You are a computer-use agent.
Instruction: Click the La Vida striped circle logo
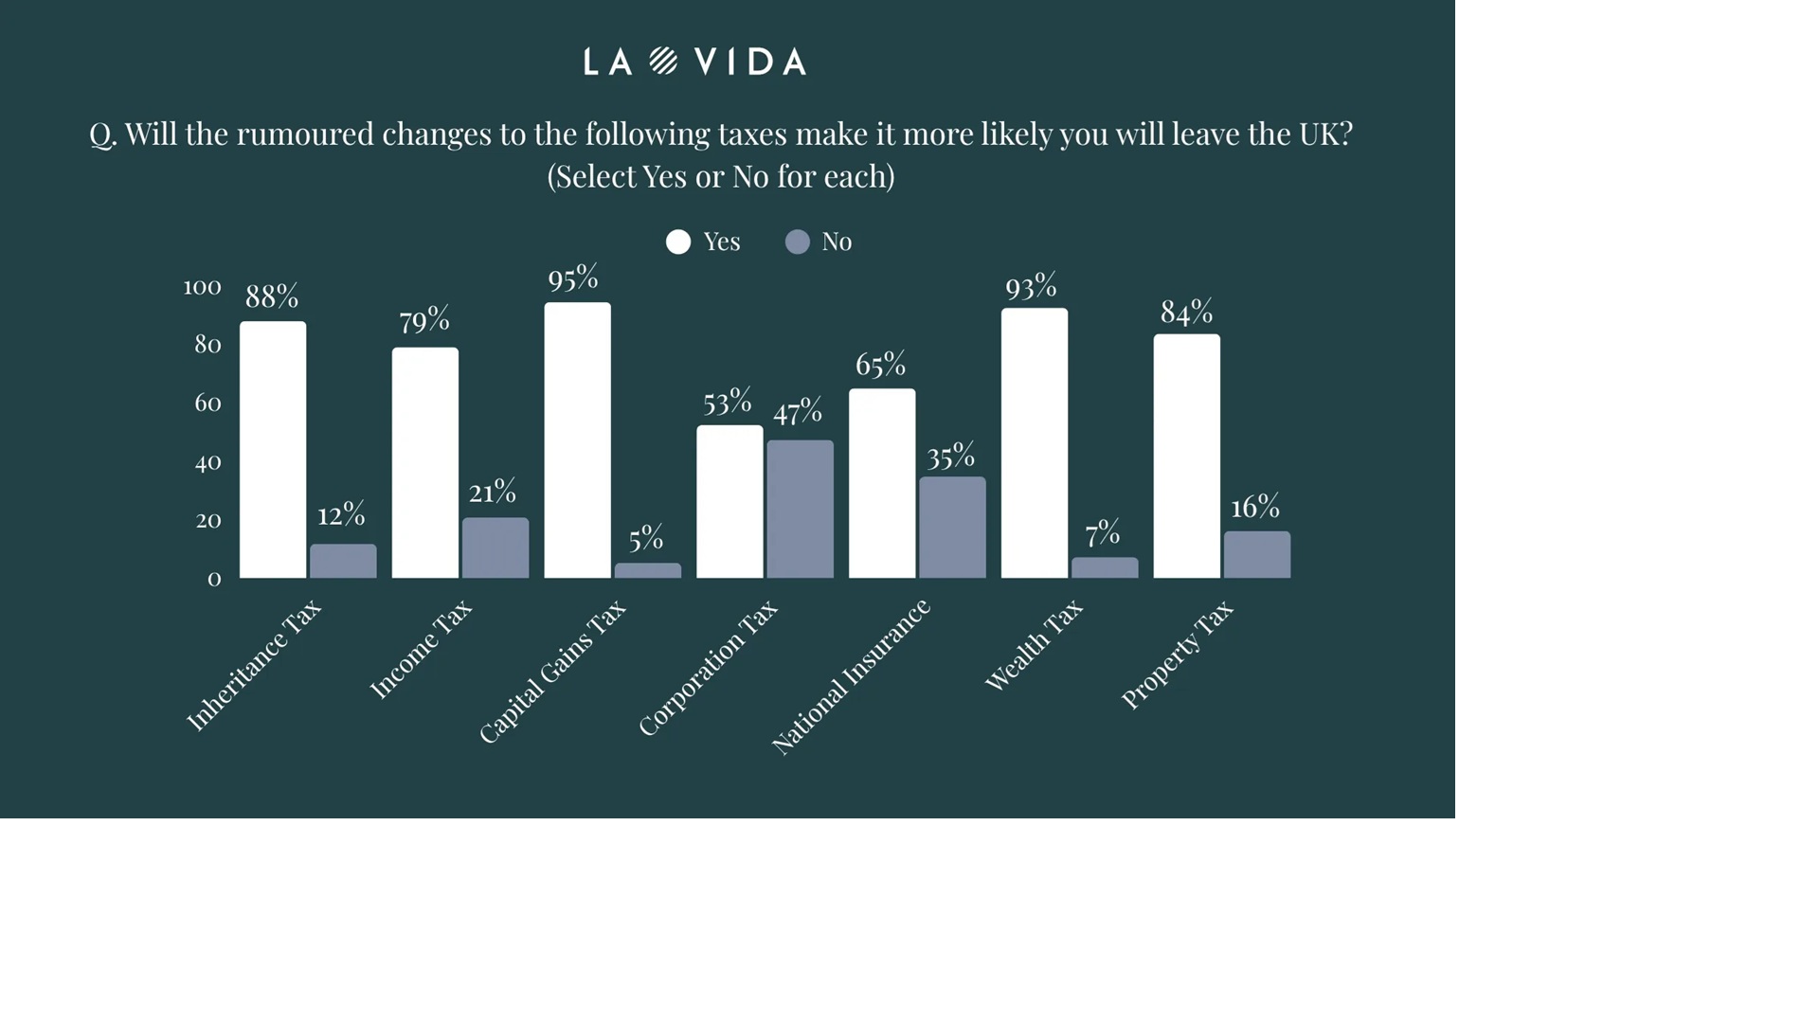pos(663,62)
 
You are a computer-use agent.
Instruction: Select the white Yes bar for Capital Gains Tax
pos(577,440)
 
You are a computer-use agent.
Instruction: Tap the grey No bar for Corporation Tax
pos(800,509)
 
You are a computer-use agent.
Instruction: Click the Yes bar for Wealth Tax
pos(1034,442)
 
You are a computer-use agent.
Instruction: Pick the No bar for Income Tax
pos(495,547)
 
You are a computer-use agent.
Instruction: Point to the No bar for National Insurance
pos(952,527)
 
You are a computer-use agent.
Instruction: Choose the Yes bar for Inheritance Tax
pos(273,450)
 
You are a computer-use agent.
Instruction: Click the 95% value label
pos(573,278)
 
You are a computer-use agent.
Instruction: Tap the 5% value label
pos(646,539)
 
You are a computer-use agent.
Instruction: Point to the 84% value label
pos(1186,312)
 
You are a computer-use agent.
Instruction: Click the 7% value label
pos(1103,533)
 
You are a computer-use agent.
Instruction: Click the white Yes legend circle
pos(678,242)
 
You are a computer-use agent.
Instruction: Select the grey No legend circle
pos(798,242)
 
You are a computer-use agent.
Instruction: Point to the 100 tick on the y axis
pos(202,287)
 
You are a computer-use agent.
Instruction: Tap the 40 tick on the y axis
pos(207,462)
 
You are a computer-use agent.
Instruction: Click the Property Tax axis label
pos(1178,655)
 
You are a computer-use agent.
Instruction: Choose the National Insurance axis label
pos(852,676)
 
